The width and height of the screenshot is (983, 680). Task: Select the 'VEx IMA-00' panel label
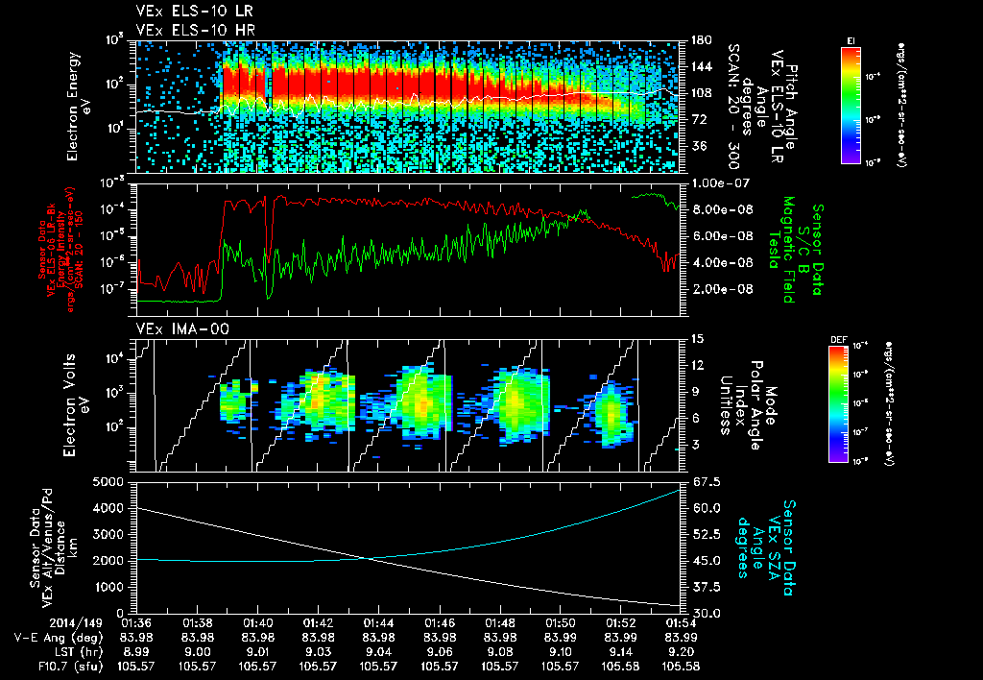pos(174,329)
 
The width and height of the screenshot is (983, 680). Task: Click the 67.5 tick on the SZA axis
pos(703,481)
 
